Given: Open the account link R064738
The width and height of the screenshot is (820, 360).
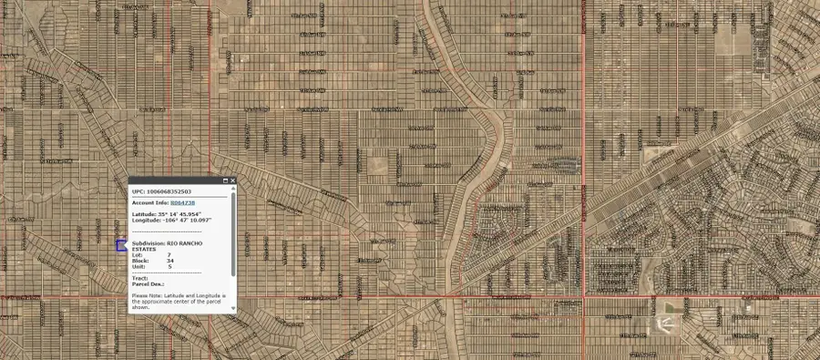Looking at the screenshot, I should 183,202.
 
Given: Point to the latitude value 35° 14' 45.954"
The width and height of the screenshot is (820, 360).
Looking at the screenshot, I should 183,213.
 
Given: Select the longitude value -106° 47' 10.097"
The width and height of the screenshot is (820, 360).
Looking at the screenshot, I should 188,220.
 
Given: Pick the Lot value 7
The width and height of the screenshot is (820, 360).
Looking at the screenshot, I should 169,256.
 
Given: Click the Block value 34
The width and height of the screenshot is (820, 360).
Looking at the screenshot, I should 170,262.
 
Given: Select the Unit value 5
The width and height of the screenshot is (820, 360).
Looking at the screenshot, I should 169,267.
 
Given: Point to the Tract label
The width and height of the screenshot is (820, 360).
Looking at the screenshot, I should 139,278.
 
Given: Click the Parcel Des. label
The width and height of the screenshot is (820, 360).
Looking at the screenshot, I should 146,283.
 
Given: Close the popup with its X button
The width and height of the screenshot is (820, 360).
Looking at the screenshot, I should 233,180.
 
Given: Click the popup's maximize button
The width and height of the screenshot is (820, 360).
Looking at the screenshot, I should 226,180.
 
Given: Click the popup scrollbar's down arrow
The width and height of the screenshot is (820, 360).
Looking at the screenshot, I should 233,308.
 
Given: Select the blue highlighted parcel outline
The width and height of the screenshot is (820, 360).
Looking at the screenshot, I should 119,246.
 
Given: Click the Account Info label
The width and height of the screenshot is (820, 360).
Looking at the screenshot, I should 150,202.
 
